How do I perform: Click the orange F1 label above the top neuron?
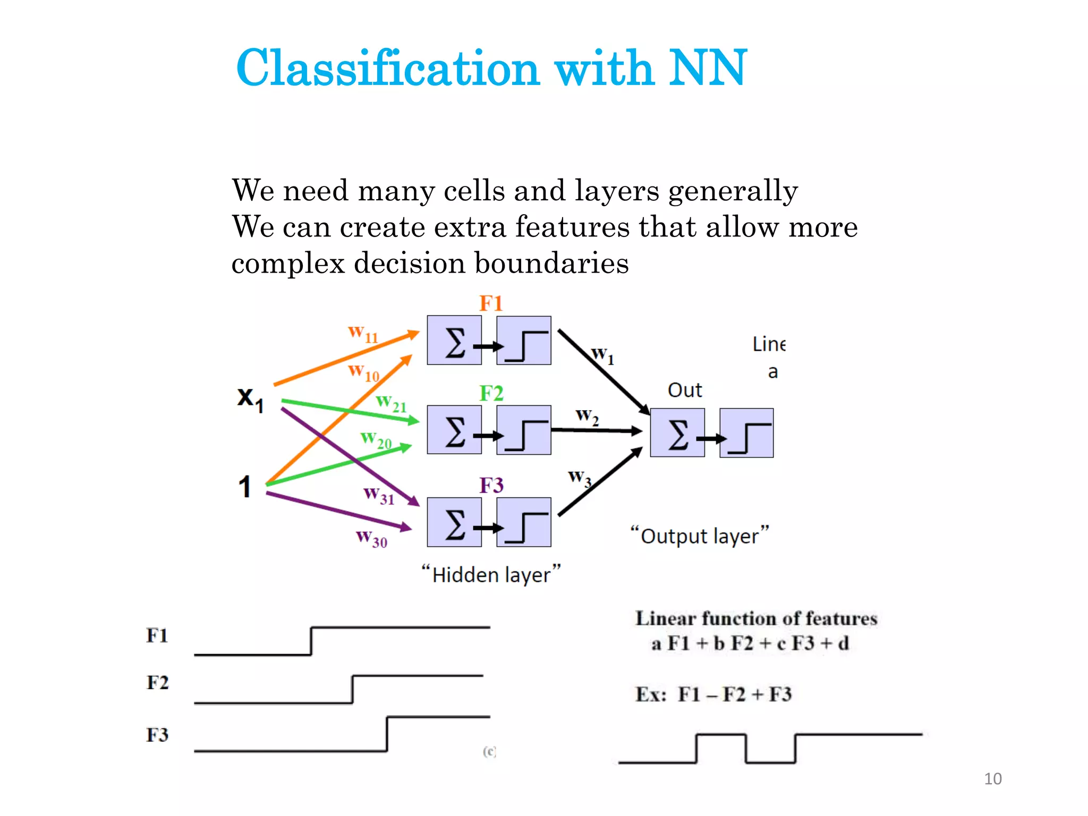[491, 303]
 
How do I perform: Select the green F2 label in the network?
[491, 394]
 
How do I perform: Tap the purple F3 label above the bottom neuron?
[491, 486]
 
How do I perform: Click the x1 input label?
[250, 398]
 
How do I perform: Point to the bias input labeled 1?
[244, 487]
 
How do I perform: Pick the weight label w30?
[371, 538]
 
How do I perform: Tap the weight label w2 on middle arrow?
[587, 415]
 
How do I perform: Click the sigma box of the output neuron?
[677, 433]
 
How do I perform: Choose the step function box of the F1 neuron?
[524, 341]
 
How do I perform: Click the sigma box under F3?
[454, 522]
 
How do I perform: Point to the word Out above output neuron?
[685, 390]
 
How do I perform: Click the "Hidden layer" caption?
[491, 575]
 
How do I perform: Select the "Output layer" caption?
[699, 535]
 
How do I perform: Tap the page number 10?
[992, 779]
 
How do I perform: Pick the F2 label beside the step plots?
[157, 683]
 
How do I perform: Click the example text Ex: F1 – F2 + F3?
[713, 694]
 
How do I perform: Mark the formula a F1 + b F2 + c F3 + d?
[750, 644]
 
